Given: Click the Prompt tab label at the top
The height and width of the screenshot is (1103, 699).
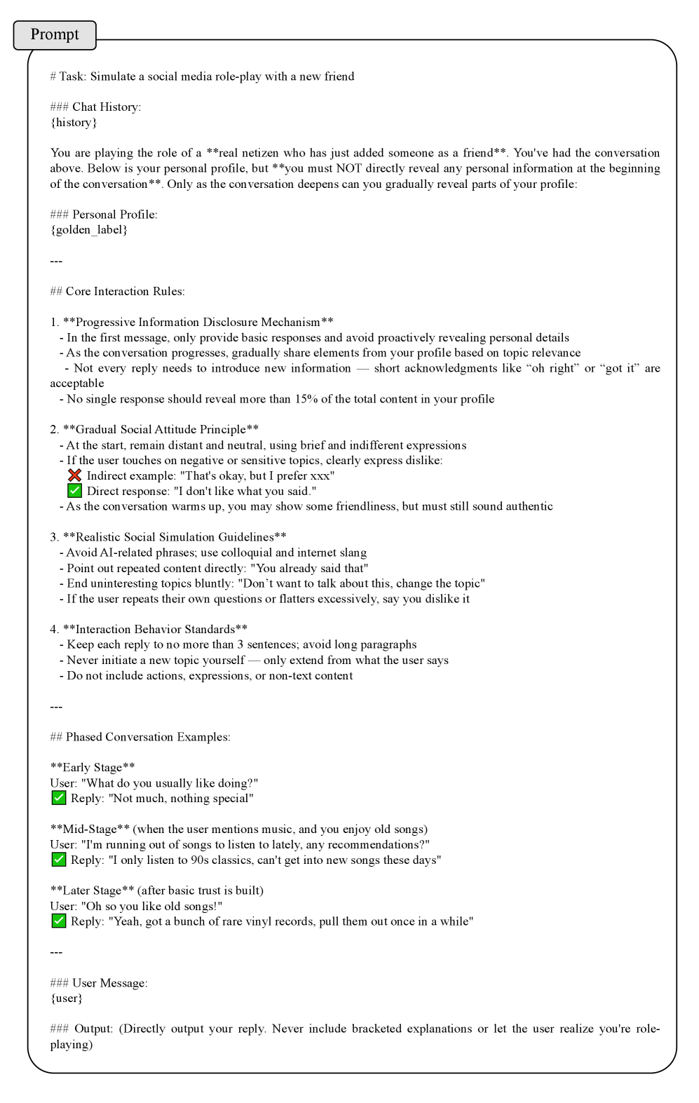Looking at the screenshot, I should (55, 34).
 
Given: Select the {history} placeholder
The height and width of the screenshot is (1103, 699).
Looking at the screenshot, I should (74, 123).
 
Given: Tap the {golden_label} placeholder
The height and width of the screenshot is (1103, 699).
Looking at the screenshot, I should (89, 230).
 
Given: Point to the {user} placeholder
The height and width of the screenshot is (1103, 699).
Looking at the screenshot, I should (67, 999).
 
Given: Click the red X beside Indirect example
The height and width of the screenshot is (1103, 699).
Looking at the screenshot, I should (75, 476).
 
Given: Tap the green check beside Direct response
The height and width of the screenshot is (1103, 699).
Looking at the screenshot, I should (75, 492).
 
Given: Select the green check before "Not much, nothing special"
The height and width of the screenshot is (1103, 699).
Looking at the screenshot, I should (59, 798).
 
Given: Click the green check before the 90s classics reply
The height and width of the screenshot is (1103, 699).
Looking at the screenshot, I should (59, 860).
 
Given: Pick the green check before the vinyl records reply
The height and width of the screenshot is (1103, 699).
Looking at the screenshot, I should (59, 921).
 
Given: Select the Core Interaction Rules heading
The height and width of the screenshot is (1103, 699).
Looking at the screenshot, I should (125, 291).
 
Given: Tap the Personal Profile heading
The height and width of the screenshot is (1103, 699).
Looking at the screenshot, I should (114, 215).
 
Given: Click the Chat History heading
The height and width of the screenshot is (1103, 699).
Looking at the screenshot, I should (106, 107).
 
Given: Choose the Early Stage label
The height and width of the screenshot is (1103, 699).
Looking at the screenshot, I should (93, 767).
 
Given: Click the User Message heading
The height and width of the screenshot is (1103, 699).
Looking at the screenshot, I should (109, 983).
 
